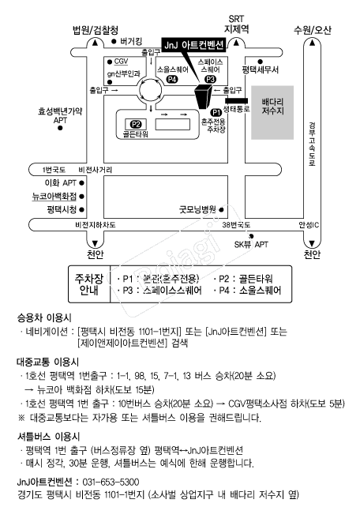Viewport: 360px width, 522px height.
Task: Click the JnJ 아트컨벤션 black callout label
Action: click(x=193, y=45)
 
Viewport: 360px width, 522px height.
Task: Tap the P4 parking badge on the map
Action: click(x=172, y=79)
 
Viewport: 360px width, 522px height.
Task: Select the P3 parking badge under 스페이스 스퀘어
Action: click(x=210, y=79)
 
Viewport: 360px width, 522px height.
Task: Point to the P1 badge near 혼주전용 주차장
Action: click(x=216, y=112)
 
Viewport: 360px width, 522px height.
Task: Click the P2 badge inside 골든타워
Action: click(x=136, y=125)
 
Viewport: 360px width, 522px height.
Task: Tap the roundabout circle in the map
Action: click(x=151, y=90)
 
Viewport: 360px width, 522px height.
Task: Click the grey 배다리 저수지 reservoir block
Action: click(x=272, y=112)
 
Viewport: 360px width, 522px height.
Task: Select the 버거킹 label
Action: click(x=131, y=41)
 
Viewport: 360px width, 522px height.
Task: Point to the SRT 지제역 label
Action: click(x=236, y=24)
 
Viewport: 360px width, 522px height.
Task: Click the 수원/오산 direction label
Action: click(x=312, y=30)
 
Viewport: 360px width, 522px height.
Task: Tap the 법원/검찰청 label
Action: click(x=96, y=30)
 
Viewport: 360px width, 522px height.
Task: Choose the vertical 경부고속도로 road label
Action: click(x=312, y=145)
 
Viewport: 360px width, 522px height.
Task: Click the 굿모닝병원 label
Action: click(x=197, y=209)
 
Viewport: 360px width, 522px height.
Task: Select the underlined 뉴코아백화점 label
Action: click(x=54, y=197)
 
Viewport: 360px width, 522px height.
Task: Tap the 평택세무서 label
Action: click(x=261, y=69)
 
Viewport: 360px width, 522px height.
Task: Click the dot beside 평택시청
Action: click(x=81, y=210)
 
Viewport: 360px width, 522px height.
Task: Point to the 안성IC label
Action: click(x=309, y=225)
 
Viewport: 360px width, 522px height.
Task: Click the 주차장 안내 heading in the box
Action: click(x=89, y=284)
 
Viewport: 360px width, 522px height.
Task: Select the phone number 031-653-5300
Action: click(x=111, y=482)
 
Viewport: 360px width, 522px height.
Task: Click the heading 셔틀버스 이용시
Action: click(x=49, y=436)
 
